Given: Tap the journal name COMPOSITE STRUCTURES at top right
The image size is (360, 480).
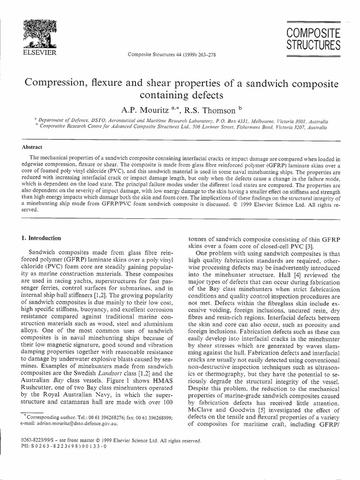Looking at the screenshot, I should coord(314,40).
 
